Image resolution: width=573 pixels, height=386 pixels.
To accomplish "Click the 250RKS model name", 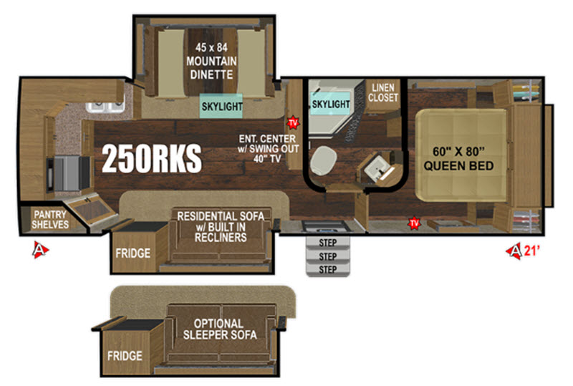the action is coord(152,158).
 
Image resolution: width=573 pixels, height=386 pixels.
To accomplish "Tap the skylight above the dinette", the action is coord(221,106).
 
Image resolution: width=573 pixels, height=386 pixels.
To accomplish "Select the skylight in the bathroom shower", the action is coord(330,104).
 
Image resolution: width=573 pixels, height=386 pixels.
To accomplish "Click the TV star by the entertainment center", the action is coord(293,123).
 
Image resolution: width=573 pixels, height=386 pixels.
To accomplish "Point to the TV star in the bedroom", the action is coord(414,223).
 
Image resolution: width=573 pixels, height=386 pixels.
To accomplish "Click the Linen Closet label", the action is coord(383,92).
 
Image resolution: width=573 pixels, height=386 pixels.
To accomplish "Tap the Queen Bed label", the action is coord(458,159).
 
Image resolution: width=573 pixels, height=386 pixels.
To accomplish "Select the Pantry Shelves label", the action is coord(50,219).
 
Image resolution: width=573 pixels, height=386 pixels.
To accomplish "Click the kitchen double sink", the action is coord(105,107).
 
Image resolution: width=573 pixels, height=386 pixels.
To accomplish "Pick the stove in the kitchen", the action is coord(68,173).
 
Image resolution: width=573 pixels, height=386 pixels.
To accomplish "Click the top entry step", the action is coord(328,243).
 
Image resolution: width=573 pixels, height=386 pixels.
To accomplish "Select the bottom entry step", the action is coord(328,270).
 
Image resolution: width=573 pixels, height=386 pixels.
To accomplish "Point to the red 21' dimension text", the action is coord(532,251).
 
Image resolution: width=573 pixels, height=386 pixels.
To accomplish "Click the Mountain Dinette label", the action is coord(211,61).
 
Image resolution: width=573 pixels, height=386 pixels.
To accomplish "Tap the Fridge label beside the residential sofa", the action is coord(133,253).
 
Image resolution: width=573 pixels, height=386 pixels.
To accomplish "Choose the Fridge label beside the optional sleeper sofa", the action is coord(125,356).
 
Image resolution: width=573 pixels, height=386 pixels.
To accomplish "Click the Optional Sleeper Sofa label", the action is coord(220,329).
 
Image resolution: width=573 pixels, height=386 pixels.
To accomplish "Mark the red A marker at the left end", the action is coord(40,250).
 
